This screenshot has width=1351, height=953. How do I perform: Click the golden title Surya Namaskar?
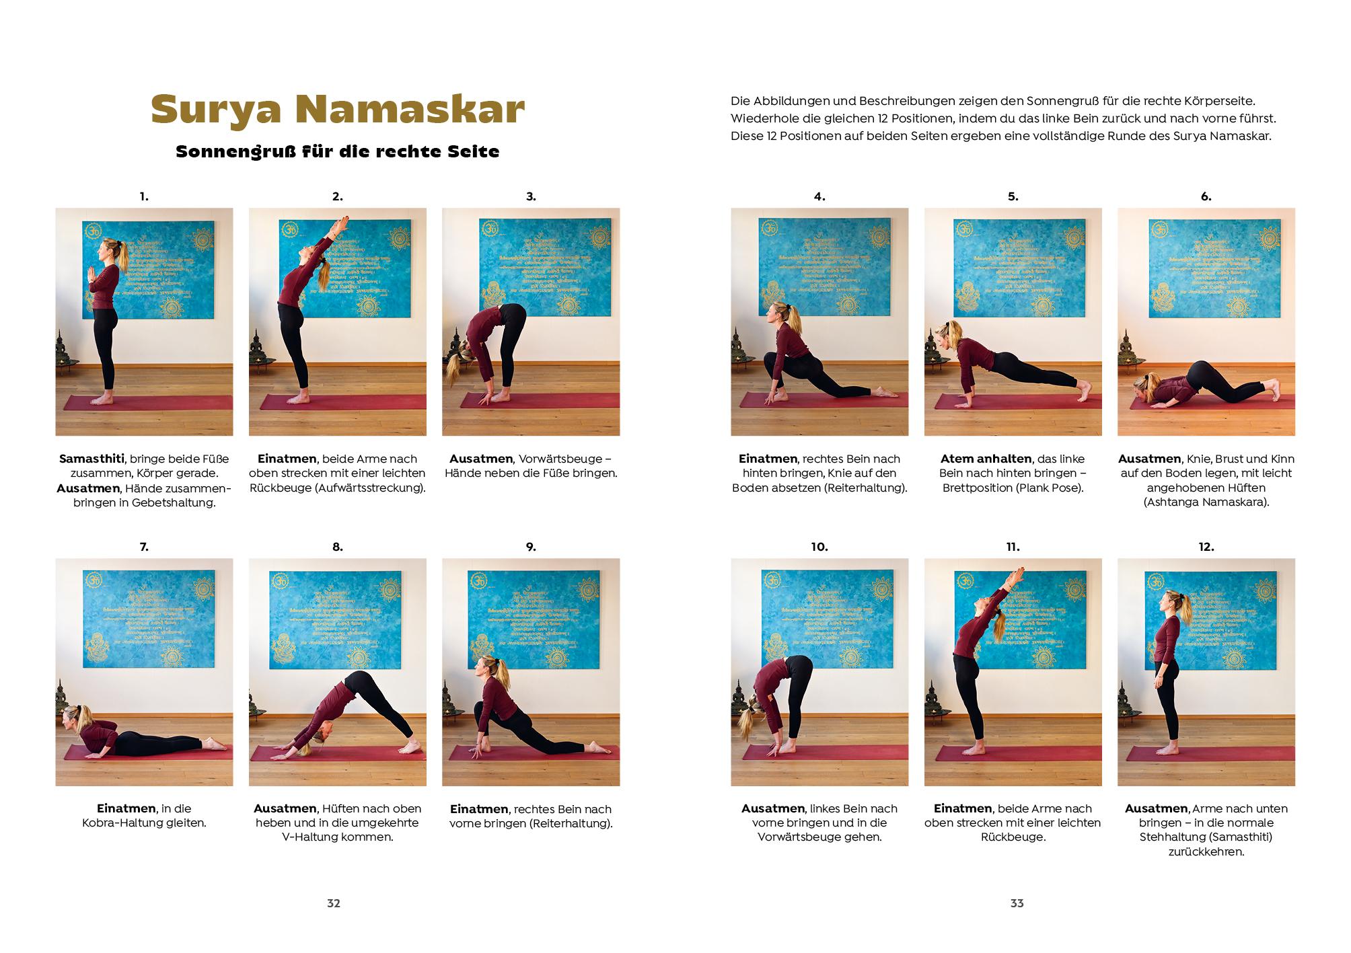click(x=337, y=110)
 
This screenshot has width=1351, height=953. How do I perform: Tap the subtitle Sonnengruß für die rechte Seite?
click(x=337, y=152)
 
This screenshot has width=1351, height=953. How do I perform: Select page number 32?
click(x=334, y=903)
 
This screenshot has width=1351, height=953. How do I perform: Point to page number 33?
click(x=1017, y=903)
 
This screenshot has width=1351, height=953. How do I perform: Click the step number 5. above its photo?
click(x=1013, y=197)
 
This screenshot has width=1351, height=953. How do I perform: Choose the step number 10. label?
click(x=819, y=547)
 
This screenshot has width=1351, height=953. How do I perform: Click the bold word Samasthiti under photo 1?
click(x=92, y=459)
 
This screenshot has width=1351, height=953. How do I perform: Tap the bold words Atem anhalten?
click(x=986, y=459)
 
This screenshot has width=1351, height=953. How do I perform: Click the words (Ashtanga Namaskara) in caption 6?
click(x=1206, y=502)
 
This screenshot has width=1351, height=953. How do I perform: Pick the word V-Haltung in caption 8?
click(x=337, y=837)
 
